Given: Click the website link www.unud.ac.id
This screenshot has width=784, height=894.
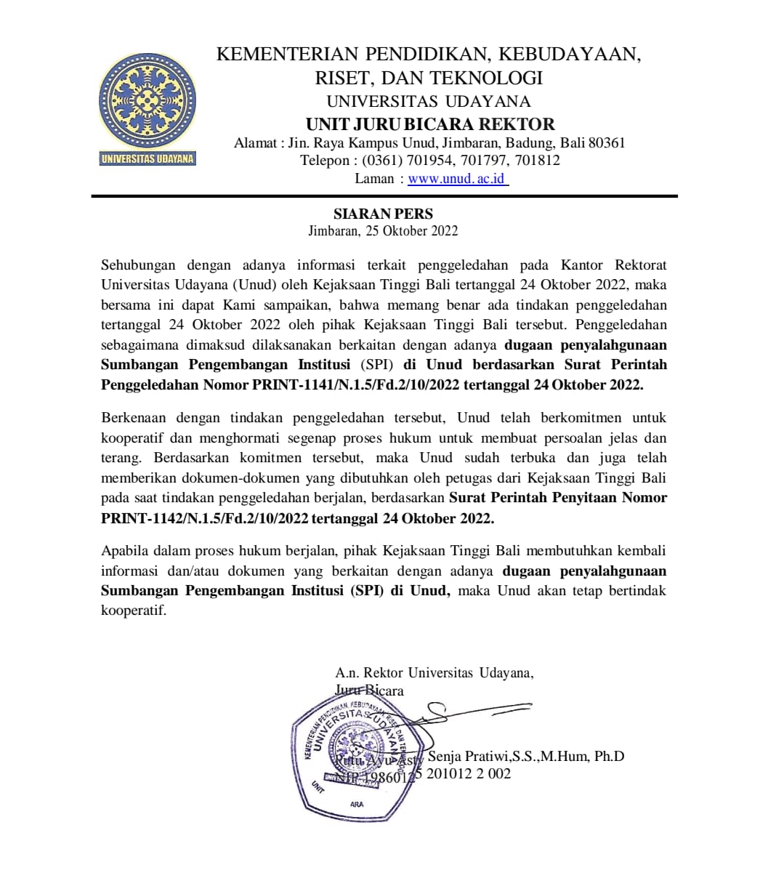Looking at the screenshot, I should pyautogui.click(x=457, y=179).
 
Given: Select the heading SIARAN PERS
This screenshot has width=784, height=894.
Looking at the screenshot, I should pyautogui.click(x=383, y=214).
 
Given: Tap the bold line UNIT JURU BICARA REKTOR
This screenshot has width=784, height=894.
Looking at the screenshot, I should pyautogui.click(x=430, y=124).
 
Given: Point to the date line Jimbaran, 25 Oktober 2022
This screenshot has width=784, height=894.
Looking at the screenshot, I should pyautogui.click(x=383, y=231).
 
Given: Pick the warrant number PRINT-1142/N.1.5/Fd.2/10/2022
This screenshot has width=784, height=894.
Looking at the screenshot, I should pyautogui.click(x=206, y=519).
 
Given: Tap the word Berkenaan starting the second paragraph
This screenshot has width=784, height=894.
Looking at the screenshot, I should pyautogui.click(x=134, y=418).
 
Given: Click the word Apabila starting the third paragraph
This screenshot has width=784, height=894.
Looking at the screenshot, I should pyautogui.click(x=125, y=551).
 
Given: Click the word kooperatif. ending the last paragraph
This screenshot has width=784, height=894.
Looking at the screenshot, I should pyautogui.click(x=134, y=611).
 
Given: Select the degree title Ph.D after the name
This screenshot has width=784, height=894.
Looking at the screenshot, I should pyautogui.click(x=609, y=757).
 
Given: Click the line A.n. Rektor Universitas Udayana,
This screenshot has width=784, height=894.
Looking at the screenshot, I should pyautogui.click(x=435, y=673).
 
